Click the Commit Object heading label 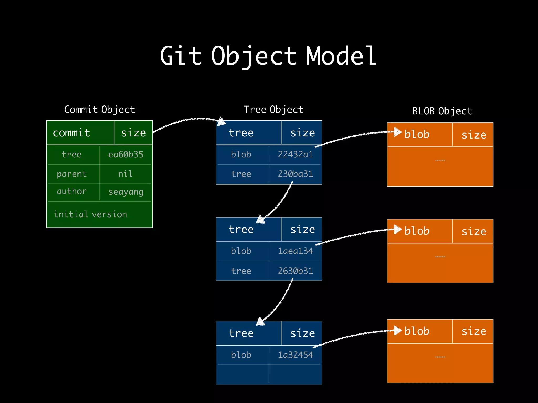pos(100,109)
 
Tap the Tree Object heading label pos(273,109)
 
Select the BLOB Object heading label pos(442,111)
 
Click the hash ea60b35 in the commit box pos(126,155)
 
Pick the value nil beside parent pos(125,174)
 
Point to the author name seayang pos(126,192)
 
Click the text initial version pos(90,214)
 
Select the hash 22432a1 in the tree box pos(296,155)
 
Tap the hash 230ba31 pos(296,174)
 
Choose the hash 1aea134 pos(296,251)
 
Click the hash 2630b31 pos(296,271)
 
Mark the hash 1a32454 pos(296,355)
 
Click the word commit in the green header pos(71,133)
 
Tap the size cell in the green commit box pos(133,133)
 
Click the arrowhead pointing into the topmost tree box pos(221,121)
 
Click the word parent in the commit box pos(71,174)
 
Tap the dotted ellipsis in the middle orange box pos(440,257)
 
